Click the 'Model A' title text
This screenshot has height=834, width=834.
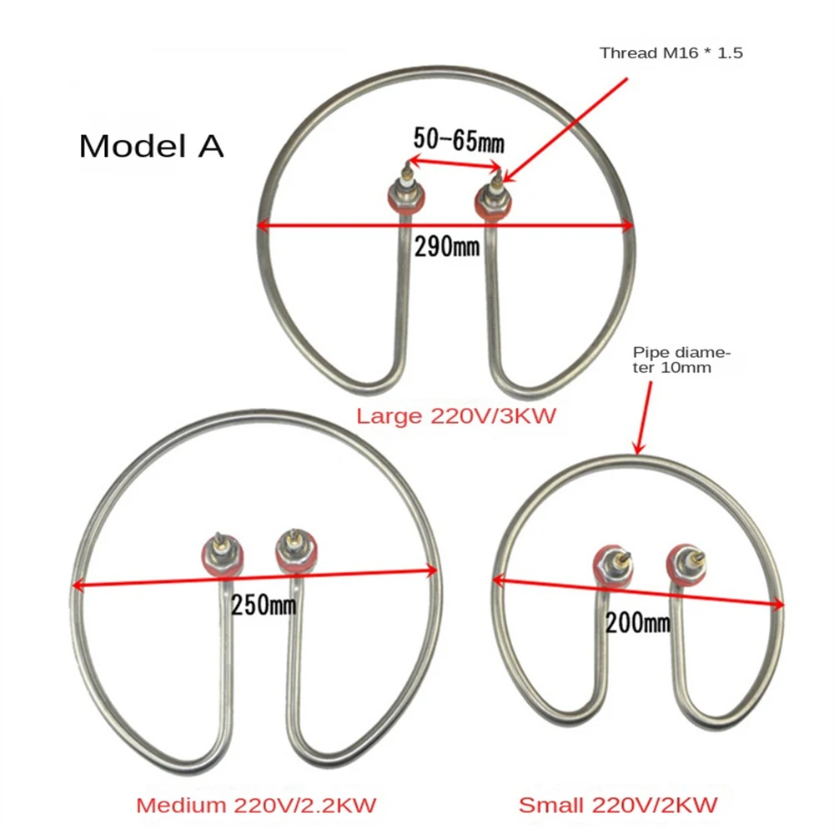click(x=151, y=146)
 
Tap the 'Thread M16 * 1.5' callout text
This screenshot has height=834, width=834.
click(x=671, y=53)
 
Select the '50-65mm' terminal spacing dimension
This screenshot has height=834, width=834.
click(x=459, y=140)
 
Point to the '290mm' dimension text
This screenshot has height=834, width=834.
click(x=447, y=247)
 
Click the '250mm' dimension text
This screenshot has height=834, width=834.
click(x=264, y=605)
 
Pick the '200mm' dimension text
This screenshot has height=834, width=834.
click(x=638, y=622)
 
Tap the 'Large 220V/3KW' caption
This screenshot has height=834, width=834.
click(x=456, y=415)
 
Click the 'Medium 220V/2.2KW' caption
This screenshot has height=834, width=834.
click(x=256, y=805)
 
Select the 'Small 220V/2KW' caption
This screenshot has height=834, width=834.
click(x=618, y=805)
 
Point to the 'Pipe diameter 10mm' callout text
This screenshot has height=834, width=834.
click(x=681, y=360)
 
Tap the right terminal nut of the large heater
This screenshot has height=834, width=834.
click(x=493, y=200)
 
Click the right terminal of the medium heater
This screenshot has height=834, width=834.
click(x=296, y=551)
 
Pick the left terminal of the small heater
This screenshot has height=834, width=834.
click(x=614, y=565)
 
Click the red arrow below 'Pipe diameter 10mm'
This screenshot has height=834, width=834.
click(x=644, y=418)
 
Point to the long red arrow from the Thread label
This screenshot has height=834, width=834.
click(x=565, y=130)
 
